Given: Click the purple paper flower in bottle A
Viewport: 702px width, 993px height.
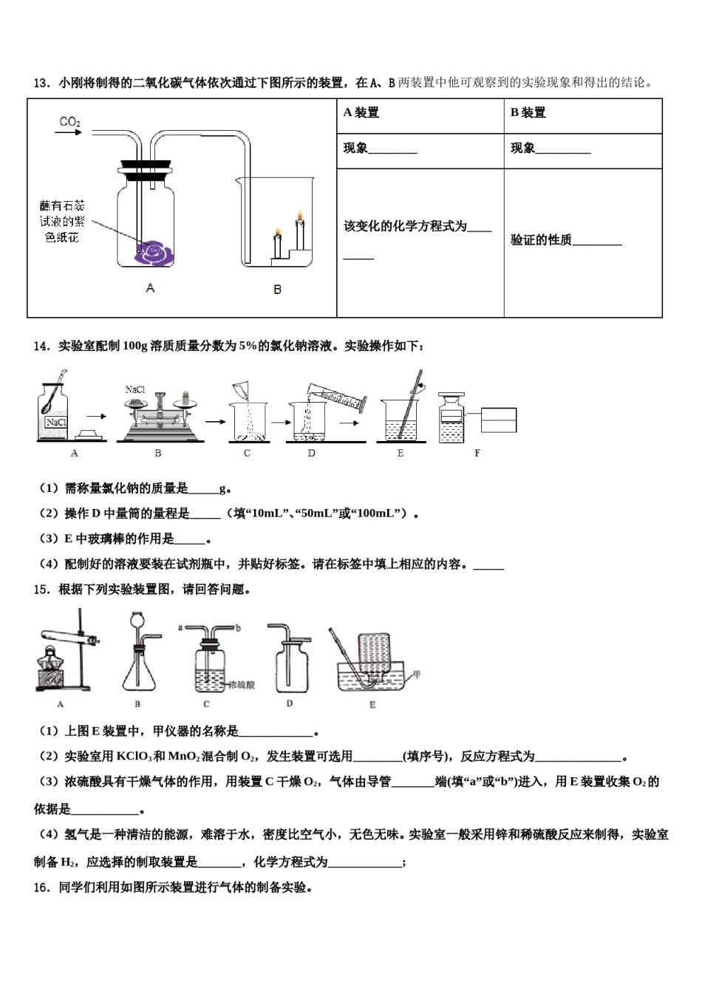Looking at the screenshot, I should coord(153,253).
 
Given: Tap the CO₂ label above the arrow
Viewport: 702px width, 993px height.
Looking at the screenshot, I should coord(69,121).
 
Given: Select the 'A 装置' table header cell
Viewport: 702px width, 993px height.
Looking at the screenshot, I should coord(361,112).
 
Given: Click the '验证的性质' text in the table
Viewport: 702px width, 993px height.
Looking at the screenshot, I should coord(541,240).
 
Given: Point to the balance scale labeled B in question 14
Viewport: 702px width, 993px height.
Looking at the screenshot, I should coord(158,418).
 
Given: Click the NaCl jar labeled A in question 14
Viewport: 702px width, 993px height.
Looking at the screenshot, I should coord(55,414).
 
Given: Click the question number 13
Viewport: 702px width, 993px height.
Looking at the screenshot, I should coord(41,83).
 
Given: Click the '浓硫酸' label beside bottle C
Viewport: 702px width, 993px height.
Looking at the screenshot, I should coord(242,685).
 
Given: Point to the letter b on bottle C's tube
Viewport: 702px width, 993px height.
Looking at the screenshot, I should coord(239,627).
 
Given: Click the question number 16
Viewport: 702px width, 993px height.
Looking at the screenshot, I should coord(41,887).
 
